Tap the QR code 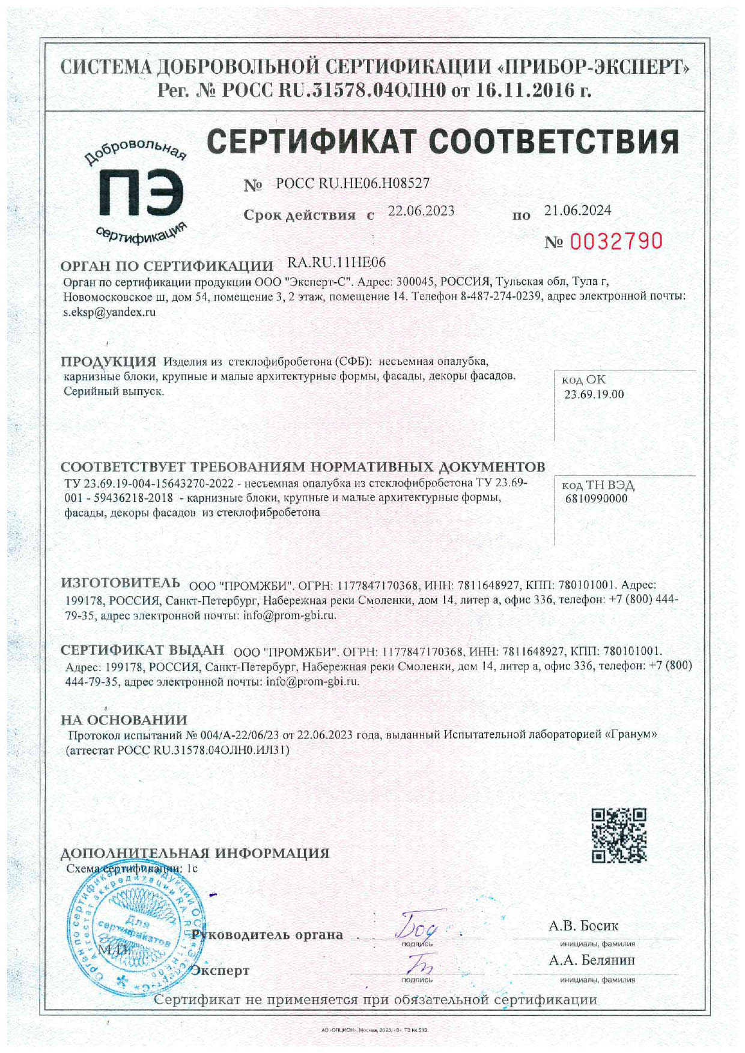[x=619, y=835]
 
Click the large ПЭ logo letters [x=141, y=193]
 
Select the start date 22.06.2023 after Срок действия [x=421, y=211]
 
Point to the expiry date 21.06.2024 [x=577, y=210]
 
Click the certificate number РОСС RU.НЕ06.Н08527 [x=353, y=184]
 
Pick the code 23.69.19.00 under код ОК [x=594, y=394]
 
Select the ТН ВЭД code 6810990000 [x=596, y=498]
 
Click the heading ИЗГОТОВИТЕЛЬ [x=120, y=582]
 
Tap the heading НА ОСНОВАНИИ [x=124, y=719]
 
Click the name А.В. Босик [x=583, y=926]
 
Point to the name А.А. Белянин [x=592, y=960]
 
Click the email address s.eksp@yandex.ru [x=109, y=312]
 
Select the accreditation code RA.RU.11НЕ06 [x=336, y=262]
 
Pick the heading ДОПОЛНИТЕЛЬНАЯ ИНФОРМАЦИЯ [x=195, y=853]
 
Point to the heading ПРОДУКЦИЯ [x=108, y=361]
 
